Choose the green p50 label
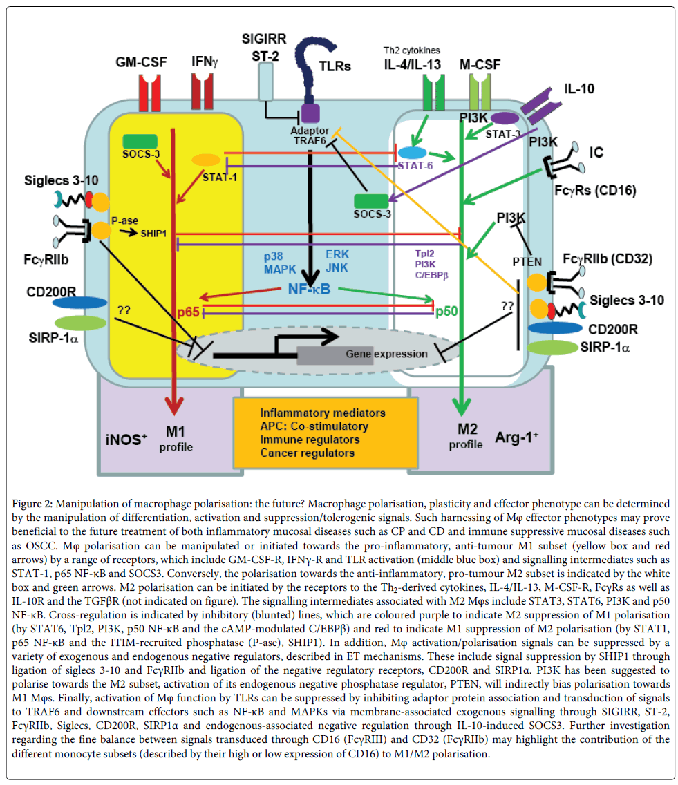tap(447, 312)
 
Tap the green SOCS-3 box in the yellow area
tap(141, 142)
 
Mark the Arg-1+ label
tap(516, 437)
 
